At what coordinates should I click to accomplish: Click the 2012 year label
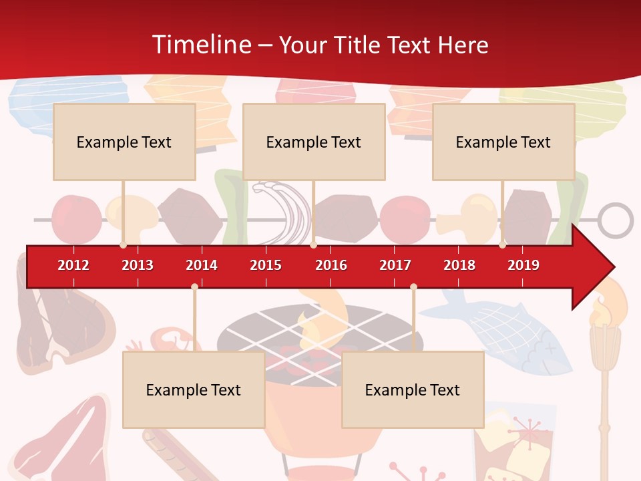[x=73, y=265]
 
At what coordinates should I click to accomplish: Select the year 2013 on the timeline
[x=138, y=265]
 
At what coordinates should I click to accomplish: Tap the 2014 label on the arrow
[x=202, y=265]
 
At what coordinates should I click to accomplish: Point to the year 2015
[x=266, y=265]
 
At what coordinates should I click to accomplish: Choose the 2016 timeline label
[x=331, y=265]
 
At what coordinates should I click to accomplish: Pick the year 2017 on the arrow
[x=395, y=265]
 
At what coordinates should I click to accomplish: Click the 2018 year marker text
[x=459, y=265]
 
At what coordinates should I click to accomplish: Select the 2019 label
[x=523, y=265]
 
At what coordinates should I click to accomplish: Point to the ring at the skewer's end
[x=615, y=220]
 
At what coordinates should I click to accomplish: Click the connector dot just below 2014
[x=194, y=287]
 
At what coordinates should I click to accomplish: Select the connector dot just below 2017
[x=413, y=287]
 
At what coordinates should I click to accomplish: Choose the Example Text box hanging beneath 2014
[x=194, y=389]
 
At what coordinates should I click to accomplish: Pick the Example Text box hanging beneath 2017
[x=413, y=389]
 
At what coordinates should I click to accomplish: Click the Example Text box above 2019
[x=503, y=142]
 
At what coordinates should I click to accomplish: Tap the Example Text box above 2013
[x=124, y=142]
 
